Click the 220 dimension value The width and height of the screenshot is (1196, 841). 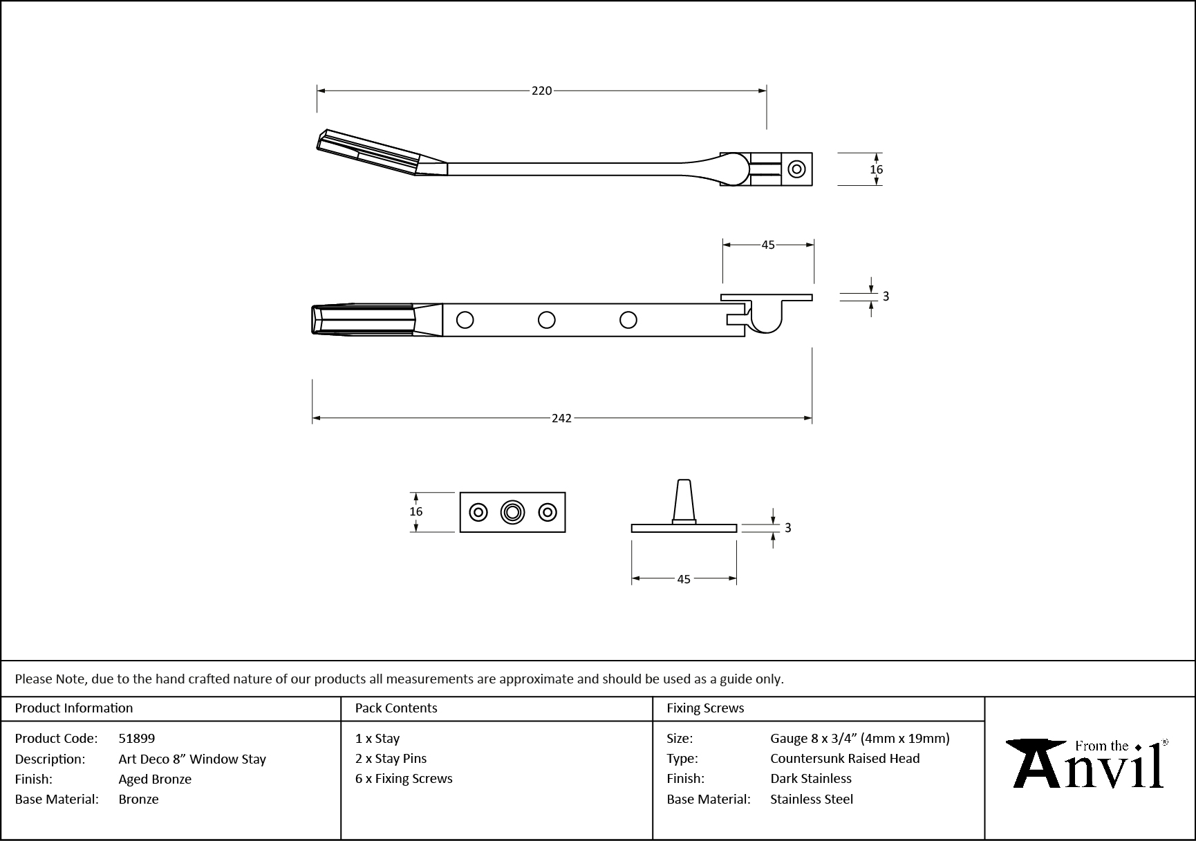point(541,91)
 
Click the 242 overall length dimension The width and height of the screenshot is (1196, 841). point(561,418)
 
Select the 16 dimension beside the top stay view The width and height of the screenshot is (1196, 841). point(876,169)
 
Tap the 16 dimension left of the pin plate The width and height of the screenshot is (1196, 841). point(415,512)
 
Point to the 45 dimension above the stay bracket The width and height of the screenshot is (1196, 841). point(767,245)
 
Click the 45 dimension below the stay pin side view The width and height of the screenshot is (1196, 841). point(683,579)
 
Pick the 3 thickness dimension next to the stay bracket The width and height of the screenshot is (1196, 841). point(886,296)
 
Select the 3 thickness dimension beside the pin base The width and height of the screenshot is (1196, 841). point(787,528)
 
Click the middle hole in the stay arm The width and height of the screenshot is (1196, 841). point(546,320)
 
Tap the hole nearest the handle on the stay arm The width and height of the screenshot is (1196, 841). point(465,320)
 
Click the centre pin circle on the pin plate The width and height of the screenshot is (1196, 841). point(512,512)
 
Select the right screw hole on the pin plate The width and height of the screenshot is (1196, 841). point(548,512)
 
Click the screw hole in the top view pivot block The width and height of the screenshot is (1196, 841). point(796,169)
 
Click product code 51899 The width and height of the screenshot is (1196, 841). point(137,739)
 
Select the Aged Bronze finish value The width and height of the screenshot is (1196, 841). point(155,779)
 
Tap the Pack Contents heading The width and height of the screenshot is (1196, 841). point(396,708)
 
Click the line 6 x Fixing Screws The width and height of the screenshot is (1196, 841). point(404,779)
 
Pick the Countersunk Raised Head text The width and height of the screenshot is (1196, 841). point(845,759)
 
